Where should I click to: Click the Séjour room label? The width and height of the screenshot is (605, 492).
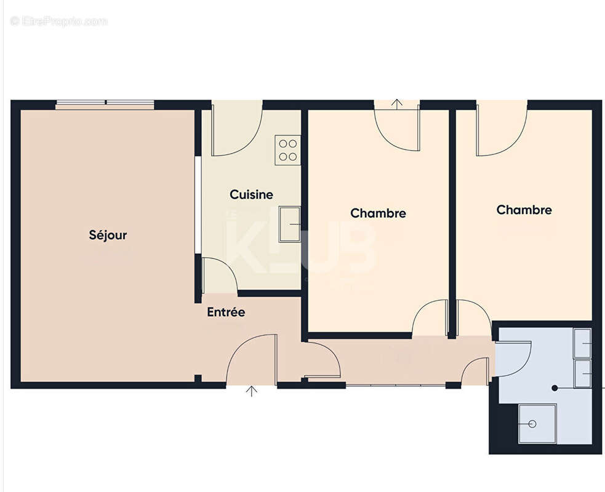pos(108,235)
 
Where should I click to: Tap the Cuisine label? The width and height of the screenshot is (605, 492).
pos(251,195)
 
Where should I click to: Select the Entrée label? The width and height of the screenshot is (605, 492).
pos(226,312)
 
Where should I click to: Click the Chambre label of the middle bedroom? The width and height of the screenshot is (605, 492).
pos(378,213)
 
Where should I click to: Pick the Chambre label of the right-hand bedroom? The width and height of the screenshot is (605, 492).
pos(524,210)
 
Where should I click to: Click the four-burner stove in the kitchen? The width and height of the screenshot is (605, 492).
pos(287,150)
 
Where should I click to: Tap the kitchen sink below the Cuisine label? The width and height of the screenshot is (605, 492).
pos(289,224)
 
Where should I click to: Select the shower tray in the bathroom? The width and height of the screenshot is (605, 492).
pos(537,423)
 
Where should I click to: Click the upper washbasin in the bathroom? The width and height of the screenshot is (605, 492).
pos(582,343)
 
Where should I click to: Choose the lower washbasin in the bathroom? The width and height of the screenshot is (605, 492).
pos(582,373)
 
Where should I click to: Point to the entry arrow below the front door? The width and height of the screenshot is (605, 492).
pos(251,391)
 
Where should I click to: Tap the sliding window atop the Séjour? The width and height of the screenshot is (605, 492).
pos(105,103)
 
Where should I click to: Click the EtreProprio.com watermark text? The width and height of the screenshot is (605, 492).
pos(59,22)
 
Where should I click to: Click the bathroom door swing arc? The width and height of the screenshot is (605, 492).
pos(513,359)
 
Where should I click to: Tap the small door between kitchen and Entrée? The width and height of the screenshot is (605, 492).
pos(218,276)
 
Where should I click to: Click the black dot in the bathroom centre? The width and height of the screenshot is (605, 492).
pos(554,388)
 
